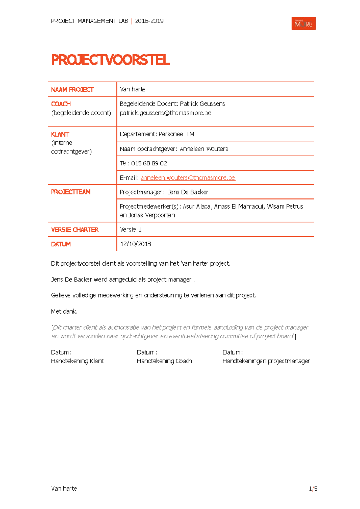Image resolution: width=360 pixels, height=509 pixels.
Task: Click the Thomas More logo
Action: (303, 24)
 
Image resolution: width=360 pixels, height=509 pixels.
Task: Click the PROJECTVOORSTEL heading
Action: (110, 60)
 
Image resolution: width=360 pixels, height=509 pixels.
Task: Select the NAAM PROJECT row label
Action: (72, 90)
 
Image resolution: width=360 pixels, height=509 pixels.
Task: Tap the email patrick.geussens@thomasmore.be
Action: (165, 113)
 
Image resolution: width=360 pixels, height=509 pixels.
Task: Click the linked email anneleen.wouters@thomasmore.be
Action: (188, 178)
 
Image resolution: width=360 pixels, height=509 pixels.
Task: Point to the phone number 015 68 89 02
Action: (149, 163)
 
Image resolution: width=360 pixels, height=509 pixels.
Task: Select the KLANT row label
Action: (60, 135)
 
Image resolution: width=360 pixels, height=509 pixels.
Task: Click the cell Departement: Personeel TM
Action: (157, 134)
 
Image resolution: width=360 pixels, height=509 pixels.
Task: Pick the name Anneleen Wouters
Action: (204, 149)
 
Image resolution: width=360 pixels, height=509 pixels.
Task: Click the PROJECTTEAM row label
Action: (70, 192)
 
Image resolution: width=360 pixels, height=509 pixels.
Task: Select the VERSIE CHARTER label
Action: (75, 230)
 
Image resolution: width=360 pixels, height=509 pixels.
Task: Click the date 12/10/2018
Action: (136, 244)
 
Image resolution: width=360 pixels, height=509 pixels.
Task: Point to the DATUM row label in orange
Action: (61, 244)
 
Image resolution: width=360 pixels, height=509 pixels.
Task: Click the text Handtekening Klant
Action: (77, 361)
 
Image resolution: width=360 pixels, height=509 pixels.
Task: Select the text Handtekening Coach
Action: (164, 361)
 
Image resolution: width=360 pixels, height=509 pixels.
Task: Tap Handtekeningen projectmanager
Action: (266, 361)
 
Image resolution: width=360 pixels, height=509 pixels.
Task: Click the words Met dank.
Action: (64, 311)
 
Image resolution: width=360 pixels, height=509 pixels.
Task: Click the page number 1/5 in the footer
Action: (313, 489)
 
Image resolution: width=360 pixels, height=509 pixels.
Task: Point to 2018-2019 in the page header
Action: (149, 21)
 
